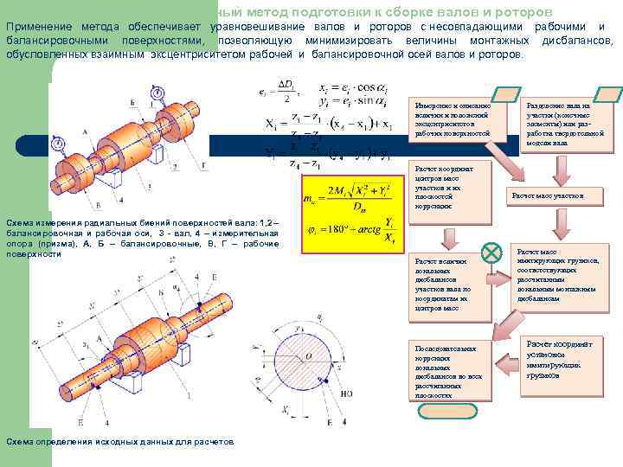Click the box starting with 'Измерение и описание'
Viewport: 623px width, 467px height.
[452, 118]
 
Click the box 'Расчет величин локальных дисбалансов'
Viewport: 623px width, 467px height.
[452, 284]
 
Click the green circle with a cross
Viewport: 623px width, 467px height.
[491, 253]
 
